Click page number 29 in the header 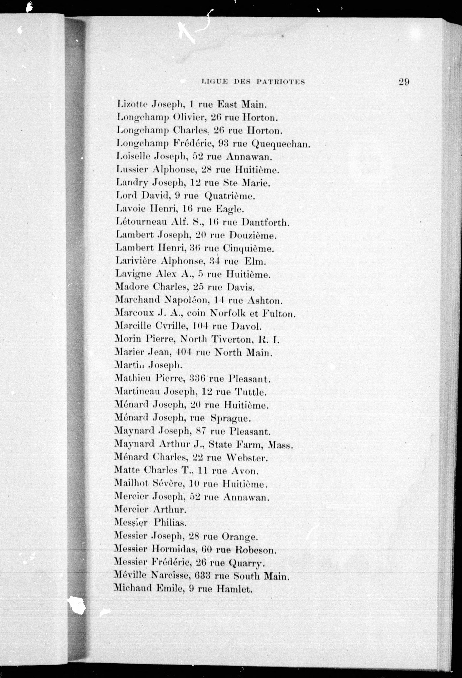click(404, 82)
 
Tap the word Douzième click(252, 235)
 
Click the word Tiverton click(232, 339)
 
